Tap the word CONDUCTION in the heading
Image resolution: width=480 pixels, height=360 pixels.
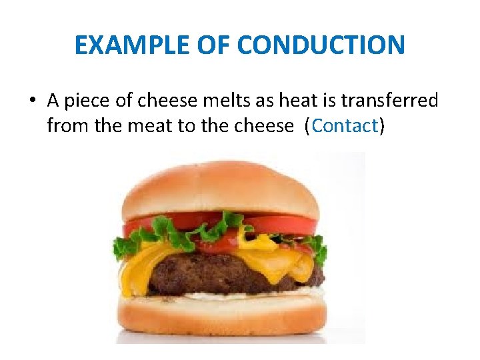[321, 45]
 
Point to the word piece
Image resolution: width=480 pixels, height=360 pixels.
[87, 101]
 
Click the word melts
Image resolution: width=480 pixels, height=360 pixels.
[222, 101]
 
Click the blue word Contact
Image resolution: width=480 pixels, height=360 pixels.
[344, 125]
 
